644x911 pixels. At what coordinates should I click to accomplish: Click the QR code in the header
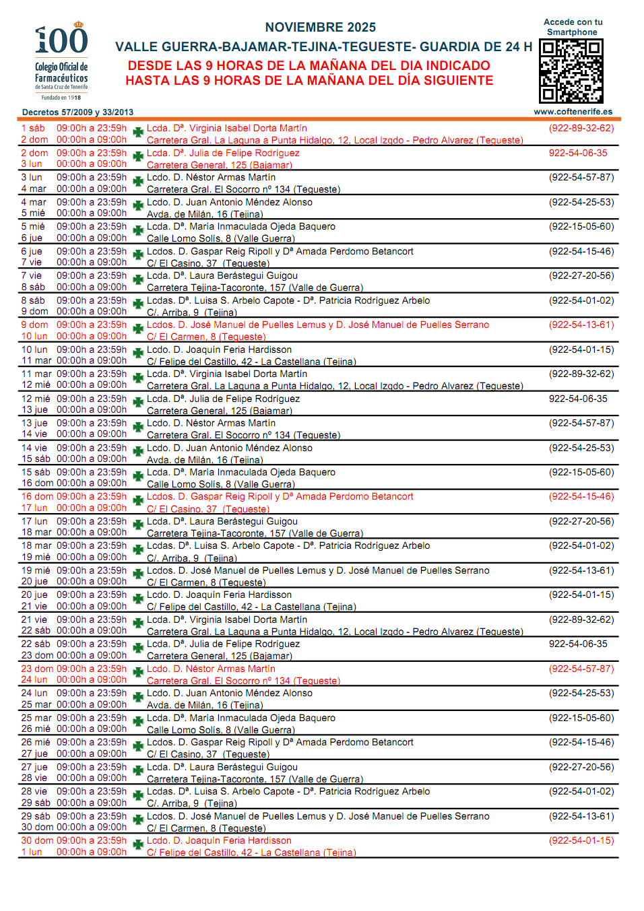pos(571,71)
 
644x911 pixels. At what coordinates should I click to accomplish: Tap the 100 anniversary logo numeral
pos(61,40)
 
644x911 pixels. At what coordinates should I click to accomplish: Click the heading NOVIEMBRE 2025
pos(321,28)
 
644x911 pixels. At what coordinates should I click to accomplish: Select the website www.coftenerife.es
pos(573,112)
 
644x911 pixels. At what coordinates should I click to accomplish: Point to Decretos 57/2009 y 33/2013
pos(77,112)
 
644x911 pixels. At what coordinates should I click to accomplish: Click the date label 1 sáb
pos(33,128)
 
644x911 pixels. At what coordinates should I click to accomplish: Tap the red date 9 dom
pos(34,325)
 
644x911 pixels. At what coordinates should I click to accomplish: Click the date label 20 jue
pos(34,595)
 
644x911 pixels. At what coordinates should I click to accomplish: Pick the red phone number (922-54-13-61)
pos(581,325)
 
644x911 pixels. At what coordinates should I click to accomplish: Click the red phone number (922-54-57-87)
pos(581,669)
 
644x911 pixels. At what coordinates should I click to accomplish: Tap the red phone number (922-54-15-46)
pos(581,496)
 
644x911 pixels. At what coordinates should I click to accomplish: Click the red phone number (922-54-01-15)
pos(581,840)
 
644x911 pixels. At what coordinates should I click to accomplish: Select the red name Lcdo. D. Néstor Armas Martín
pos(211,669)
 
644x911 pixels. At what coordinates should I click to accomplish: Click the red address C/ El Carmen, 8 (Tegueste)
pos(206,337)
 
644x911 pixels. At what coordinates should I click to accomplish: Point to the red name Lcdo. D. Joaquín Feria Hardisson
pos(219,840)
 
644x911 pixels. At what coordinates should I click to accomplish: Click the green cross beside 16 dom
pos(138,500)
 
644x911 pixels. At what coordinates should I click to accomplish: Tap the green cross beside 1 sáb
pos(138,132)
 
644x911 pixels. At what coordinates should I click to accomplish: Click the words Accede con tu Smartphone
pos(573,27)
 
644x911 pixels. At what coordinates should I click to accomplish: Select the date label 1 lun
pos(32,852)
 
